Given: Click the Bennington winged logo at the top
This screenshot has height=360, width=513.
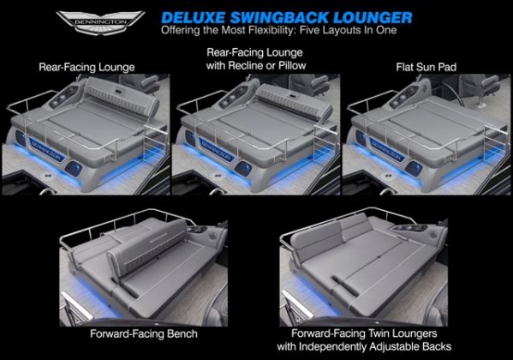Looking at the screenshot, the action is [100, 22].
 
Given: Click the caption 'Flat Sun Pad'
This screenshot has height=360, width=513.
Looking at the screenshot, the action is [426, 67].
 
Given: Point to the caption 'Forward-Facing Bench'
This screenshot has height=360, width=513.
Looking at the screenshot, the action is [144, 333].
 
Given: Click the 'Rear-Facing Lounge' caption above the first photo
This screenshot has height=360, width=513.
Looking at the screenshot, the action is [86, 67].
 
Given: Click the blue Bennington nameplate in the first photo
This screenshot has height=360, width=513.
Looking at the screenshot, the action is [46, 149].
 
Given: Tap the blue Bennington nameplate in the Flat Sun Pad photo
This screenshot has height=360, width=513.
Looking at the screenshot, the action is [386, 149].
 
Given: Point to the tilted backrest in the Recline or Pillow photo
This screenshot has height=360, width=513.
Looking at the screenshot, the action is [293, 100].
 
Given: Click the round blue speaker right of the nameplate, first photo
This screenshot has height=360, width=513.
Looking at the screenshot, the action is [74, 168].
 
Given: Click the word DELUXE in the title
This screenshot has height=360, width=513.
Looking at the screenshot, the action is [193, 18].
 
